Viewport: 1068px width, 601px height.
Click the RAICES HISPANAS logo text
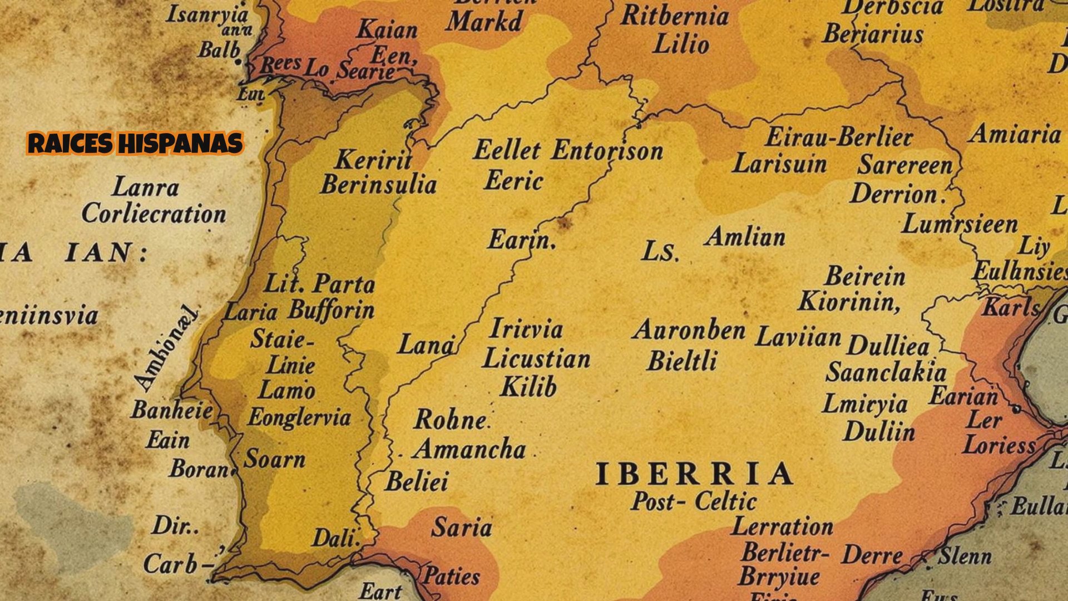(135, 144)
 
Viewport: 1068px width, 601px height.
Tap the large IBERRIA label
(694, 475)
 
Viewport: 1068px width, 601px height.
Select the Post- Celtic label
(694, 501)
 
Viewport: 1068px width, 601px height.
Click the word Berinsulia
(378, 185)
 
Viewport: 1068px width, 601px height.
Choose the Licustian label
(536, 359)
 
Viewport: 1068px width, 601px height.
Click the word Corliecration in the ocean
(154, 214)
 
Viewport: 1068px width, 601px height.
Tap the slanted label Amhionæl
(166, 348)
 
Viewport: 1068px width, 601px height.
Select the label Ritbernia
(674, 16)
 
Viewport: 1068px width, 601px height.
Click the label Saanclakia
(886, 372)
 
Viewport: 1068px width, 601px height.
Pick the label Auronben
(689, 331)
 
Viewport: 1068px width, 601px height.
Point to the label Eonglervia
(299, 417)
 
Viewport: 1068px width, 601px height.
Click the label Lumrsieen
(960, 225)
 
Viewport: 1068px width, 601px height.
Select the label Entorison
(607, 151)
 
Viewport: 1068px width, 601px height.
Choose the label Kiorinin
(848, 302)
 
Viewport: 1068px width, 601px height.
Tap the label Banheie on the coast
(172, 411)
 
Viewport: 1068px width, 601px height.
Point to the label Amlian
(745, 238)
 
